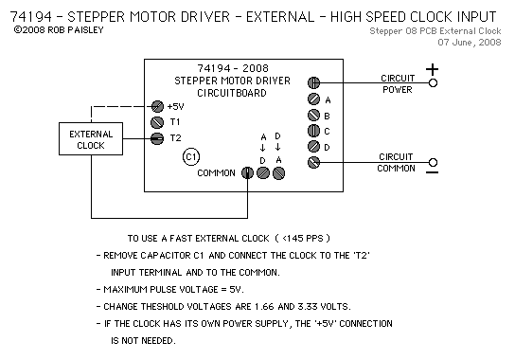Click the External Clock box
[x=91, y=138]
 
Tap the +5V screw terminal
[x=157, y=106]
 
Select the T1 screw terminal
[x=157, y=122]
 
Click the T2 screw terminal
[x=157, y=138]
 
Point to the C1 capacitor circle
[x=191, y=157]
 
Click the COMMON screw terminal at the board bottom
[x=247, y=173]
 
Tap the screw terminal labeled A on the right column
[x=313, y=99]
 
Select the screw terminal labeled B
[x=313, y=115]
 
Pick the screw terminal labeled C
[x=313, y=131]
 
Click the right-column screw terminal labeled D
[x=313, y=147]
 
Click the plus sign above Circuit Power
[x=433, y=69]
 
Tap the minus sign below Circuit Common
[x=433, y=172]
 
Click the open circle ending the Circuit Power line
[x=434, y=82]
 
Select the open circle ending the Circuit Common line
[x=434, y=162]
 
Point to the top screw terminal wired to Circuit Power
[x=313, y=82]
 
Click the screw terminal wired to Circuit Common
[x=313, y=162]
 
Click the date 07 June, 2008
[x=470, y=43]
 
